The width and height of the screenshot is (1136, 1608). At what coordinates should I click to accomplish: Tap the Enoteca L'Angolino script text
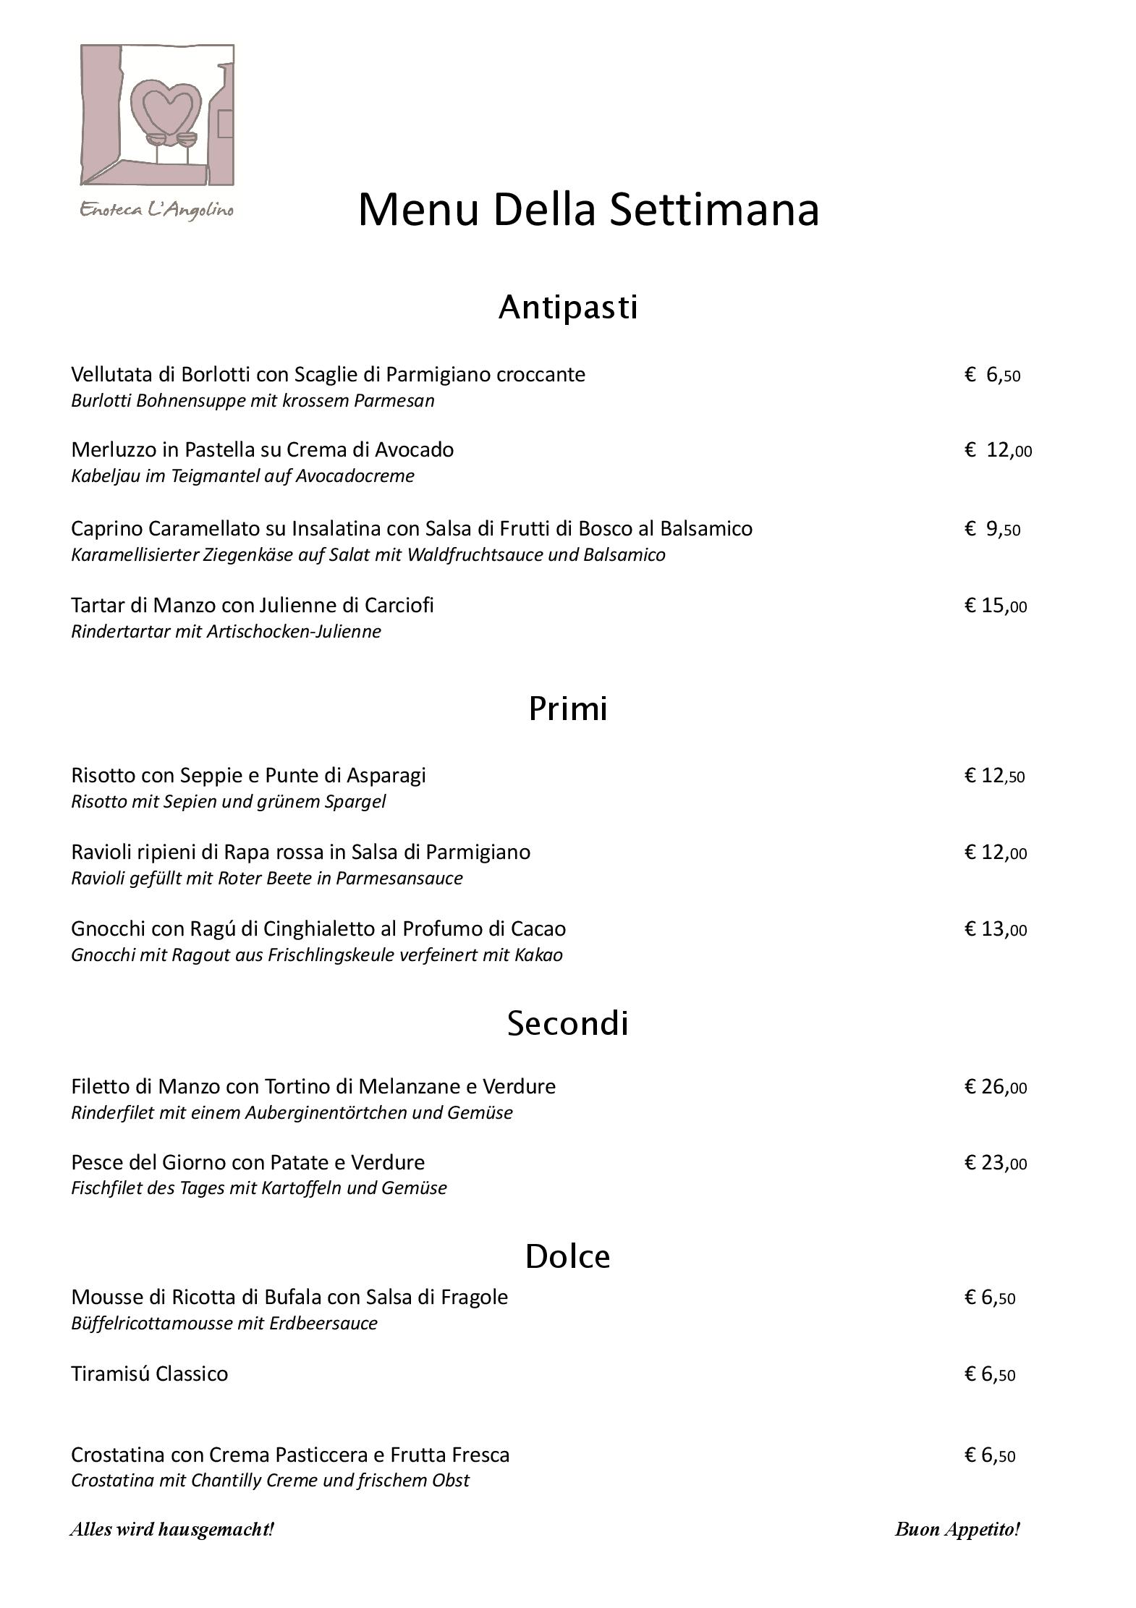(156, 210)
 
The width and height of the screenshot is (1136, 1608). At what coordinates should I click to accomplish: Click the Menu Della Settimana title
(588, 210)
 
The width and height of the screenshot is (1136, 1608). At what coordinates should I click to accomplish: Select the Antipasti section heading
(568, 307)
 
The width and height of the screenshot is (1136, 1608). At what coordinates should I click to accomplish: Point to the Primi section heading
(568, 708)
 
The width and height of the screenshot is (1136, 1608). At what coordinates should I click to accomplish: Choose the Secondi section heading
(568, 1023)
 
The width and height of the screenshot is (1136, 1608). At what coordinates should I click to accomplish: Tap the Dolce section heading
(568, 1256)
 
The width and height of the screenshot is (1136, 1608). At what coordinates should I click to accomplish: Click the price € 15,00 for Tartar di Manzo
(996, 606)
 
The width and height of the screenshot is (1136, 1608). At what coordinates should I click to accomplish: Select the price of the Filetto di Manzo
(996, 1087)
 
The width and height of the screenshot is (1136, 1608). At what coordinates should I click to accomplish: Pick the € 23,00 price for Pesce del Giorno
(996, 1163)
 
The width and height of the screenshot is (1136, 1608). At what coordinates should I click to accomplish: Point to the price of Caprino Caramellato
(993, 530)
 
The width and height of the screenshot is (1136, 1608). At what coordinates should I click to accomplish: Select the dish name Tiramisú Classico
(150, 1374)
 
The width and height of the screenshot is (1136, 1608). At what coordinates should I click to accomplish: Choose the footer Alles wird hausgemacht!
(172, 1529)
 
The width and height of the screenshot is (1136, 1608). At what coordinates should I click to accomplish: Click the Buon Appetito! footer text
(957, 1529)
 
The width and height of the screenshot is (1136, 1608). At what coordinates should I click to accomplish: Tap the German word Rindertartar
(120, 632)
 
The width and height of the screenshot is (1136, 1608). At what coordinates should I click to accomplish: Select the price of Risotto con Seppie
(995, 777)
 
